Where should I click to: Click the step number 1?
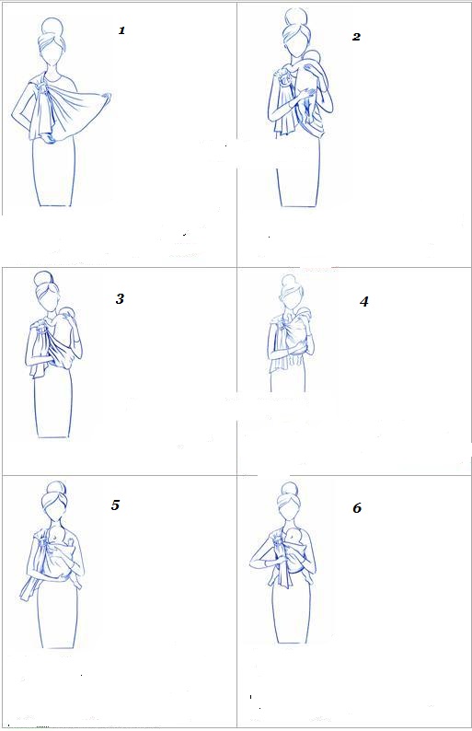click(x=121, y=30)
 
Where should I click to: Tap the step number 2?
click(x=356, y=37)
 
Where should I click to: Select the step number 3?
click(x=120, y=299)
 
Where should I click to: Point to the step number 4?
click(x=364, y=302)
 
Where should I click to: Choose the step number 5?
click(x=115, y=505)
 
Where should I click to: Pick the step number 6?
click(x=357, y=507)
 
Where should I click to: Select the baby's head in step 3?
click(x=66, y=314)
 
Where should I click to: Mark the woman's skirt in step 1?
click(x=53, y=172)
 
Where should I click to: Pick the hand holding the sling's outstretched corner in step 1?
click(x=106, y=98)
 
